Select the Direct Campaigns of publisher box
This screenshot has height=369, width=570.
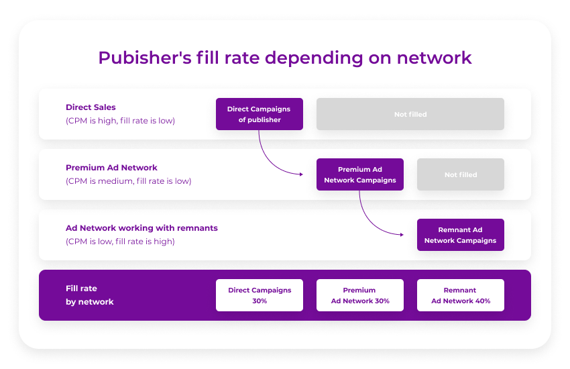coord(259,114)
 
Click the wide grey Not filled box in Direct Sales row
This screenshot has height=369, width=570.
coord(410,114)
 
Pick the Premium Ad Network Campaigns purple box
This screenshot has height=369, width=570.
coord(359,174)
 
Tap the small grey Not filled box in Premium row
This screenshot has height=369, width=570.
coord(460,174)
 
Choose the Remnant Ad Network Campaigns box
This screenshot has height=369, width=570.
coord(460,235)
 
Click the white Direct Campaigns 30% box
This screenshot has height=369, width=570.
coord(259,295)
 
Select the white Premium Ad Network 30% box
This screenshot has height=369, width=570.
coord(359,295)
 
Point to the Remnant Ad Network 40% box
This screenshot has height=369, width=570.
coord(460,295)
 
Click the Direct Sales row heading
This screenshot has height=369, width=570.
coord(91,107)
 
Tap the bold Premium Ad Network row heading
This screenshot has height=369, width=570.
coord(111,168)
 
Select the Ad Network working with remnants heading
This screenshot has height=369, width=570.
coord(141,228)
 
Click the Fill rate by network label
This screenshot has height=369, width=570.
coord(89,295)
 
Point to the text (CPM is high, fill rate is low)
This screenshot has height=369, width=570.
coord(120,121)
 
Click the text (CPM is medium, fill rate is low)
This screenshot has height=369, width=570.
coord(128,181)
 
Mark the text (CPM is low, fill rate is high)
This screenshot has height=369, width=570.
coord(120,242)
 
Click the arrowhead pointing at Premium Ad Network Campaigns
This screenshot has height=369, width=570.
coord(300,174)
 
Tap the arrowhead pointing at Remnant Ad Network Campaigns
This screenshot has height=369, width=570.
coord(400,235)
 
